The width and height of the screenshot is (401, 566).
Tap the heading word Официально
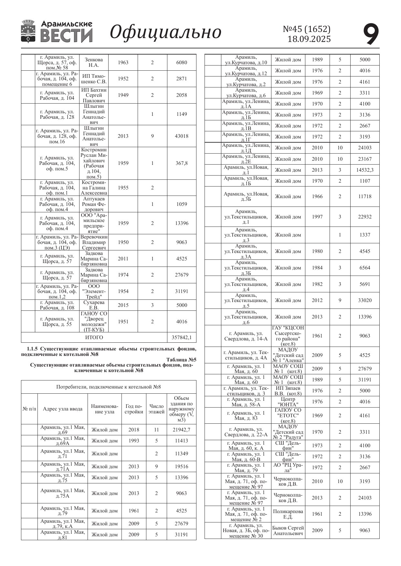point(165,32)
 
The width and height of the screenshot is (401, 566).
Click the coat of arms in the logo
point(28,31)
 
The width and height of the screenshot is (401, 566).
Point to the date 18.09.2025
point(309,39)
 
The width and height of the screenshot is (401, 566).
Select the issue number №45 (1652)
point(307,29)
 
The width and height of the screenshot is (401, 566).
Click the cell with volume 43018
point(182,136)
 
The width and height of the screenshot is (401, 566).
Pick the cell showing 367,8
point(182,163)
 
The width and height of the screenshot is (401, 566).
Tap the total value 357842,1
point(182,338)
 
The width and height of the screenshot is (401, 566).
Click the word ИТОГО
point(94,338)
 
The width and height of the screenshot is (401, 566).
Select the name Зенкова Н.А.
point(94,63)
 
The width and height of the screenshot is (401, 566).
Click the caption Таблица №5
point(181,360)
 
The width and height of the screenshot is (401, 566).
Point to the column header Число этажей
point(156,409)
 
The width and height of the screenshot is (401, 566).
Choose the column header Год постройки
point(134,409)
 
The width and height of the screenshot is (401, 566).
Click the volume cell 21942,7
point(182,430)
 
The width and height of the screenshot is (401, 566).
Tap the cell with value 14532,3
point(365,170)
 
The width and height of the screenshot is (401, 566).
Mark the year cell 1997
point(317,217)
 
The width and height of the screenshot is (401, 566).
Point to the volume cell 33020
point(365,300)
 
